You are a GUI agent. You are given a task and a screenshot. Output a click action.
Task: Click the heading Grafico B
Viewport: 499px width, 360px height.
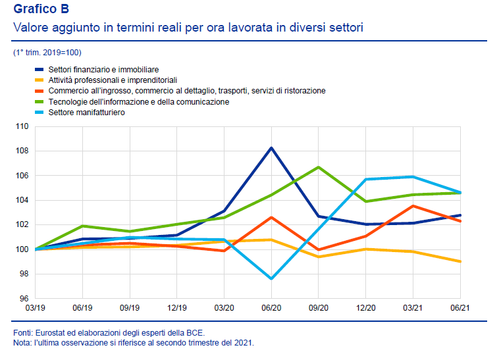click(x=41, y=9)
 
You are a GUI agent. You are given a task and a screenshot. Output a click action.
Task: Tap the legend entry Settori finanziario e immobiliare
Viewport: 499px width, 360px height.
click(x=113, y=69)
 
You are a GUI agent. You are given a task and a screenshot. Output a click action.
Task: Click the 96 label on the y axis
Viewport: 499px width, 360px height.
click(x=24, y=298)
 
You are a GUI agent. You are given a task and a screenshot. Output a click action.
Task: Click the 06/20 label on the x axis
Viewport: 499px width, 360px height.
click(x=271, y=308)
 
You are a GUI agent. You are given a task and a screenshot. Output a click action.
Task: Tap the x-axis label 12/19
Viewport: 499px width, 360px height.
click(x=176, y=308)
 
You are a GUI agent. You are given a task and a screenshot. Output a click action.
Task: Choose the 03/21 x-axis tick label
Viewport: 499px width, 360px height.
click(x=413, y=308)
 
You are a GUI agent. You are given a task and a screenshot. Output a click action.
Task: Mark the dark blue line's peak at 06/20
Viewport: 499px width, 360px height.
click(x=271, y=147)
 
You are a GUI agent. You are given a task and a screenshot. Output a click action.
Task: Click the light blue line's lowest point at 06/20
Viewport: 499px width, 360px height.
click(x=271, y=279)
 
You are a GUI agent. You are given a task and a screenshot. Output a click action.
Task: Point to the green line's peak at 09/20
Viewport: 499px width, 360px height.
click(x=319, y=167)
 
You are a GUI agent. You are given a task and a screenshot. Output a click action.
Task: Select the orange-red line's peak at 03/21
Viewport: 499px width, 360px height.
click(x=413, y=206)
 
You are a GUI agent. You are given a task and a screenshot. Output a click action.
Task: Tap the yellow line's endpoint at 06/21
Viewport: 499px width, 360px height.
click(x=460, y=261)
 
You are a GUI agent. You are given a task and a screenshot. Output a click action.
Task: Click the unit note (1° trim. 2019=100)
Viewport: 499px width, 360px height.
click(x=47, y=52)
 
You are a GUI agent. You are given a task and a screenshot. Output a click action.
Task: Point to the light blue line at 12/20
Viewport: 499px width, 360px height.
click(x=365, y=179)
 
